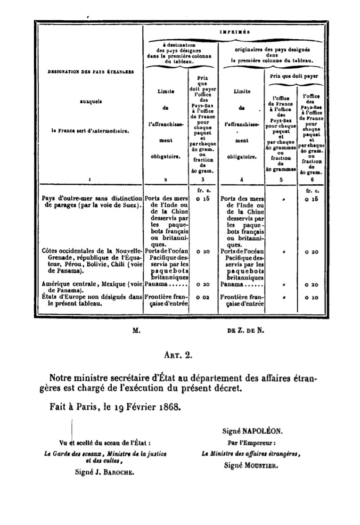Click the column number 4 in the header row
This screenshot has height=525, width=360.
tap(242, 180)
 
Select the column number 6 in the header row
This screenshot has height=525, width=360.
tap(310, 180)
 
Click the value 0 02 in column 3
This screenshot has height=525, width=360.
tap(204, 298)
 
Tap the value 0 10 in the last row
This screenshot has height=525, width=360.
tap(311, 298)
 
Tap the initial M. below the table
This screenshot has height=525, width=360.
tap(137, 331)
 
